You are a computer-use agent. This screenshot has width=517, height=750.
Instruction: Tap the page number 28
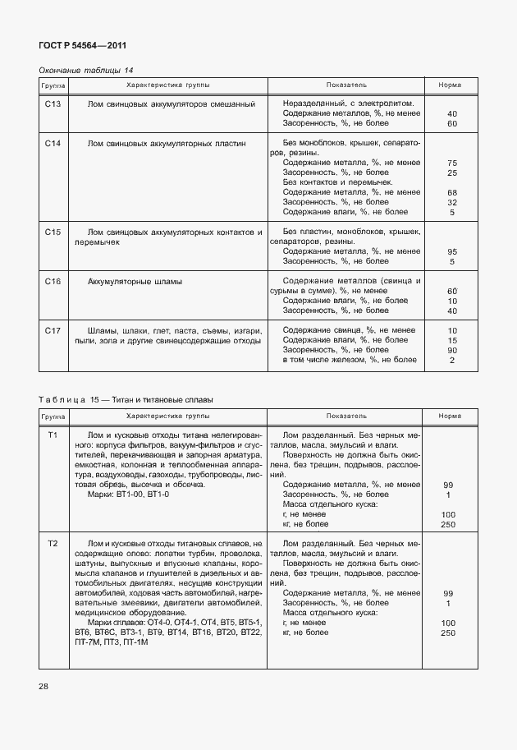pyautogui.click(x=44, y=686)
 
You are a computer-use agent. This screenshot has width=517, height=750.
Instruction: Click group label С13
pyautogui.click(x=53, y=104)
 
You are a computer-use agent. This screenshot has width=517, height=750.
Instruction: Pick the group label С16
pyautogui.click(x=53, y=282)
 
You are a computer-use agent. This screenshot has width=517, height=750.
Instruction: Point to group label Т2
pyautogui.click(x=53, y=544)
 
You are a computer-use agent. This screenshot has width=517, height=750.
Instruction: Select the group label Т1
pyautogui.click(x=53, y=435)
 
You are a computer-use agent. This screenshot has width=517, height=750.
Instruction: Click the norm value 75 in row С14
pyautogui.click(x=451, y=163)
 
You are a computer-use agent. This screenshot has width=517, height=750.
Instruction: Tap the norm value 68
pyautogui.click(x=451, y=192)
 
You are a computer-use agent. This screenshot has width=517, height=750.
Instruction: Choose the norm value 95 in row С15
pyautogui.click(x=451, y=251)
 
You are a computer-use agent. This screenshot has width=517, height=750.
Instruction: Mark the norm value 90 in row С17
pyautogui.click(x=451, y=350)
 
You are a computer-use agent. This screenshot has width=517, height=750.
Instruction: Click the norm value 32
pyautogui.click(x=451, y=202)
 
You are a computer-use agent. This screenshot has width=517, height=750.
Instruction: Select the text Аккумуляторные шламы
pyautogui.click(x=135, y=282)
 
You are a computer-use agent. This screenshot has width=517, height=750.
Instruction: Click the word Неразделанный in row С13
pyautogui.click(x=312, y=104)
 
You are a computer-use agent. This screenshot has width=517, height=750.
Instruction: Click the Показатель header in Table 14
pyautogui.click(x=346, y=85)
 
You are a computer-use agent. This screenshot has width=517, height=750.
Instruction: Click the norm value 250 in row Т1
pyautogui.click(x=448, y=524)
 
